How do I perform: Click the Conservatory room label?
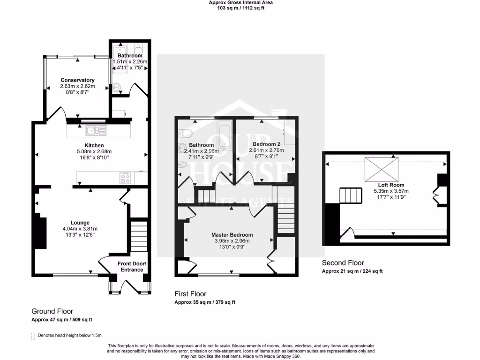77,80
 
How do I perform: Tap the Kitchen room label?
94,145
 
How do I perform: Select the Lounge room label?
80,222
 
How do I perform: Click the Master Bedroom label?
232,235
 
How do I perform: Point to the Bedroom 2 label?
266,144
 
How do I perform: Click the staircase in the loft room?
352,195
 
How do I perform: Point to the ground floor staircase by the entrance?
138,237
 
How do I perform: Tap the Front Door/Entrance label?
132,267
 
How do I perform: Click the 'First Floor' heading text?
190,294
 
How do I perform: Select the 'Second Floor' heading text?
343,263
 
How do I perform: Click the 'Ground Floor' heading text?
52,311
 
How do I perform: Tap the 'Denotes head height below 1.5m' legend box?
33,336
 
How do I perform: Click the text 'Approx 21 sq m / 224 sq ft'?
352,271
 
